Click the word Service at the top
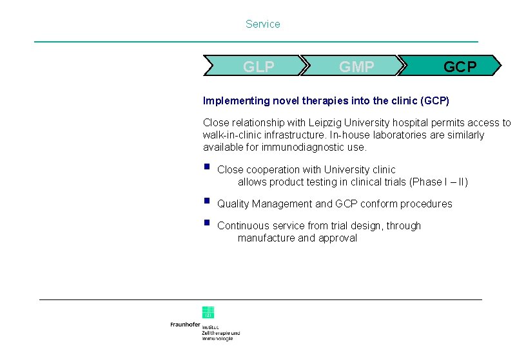coord(262,24)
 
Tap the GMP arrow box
coord(353,66)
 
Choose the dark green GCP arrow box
coord(451,66)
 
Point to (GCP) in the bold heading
coord(434,101)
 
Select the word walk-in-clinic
coord(232,135)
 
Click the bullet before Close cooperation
coord(206,167)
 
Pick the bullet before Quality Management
coord(206,201)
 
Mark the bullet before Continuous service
coord(206,223)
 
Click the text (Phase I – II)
coord(438,182)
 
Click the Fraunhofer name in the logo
coord(185,325)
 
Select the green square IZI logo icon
coord(208,312)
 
